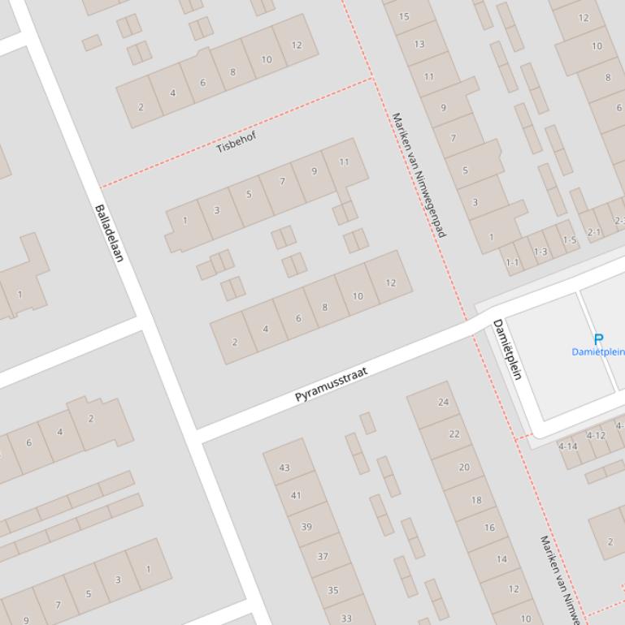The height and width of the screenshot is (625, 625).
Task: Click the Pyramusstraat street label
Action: click(331, 385)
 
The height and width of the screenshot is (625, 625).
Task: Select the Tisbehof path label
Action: click(237, 142)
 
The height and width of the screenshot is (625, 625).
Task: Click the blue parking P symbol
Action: click(599, 339)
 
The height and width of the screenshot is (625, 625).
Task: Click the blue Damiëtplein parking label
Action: click(598, 352)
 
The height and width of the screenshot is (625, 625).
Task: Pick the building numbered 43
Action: click(284, 467)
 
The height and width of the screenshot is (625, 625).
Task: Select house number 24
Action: click(443, 402)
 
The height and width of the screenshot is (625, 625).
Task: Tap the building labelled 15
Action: click(404, 16)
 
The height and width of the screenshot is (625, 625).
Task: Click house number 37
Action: click(323, 556)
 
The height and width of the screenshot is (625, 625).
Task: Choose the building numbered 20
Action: click(464, 467)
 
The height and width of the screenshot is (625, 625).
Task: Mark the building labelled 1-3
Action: click(540, 252)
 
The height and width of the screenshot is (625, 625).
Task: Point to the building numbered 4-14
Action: click(568, 446)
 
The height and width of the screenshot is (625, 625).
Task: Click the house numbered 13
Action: click(419, 45)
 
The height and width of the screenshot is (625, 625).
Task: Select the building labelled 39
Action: click(306, 527)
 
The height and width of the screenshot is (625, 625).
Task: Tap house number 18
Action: click(476, 500)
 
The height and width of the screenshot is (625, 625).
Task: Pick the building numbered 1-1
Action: click(512, 262)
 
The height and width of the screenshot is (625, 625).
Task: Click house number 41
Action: click(296, 495)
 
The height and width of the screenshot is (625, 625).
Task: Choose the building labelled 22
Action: click(454, 434)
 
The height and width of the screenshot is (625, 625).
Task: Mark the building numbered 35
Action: click(333, 590)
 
